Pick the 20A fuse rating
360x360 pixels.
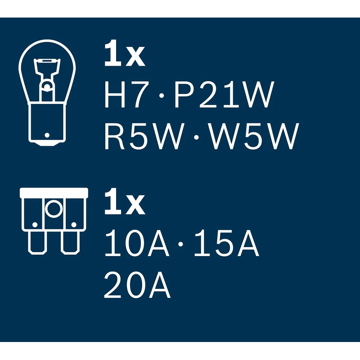point(137,287)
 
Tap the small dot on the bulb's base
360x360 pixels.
point(47,135)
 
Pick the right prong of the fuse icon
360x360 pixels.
point(70,243)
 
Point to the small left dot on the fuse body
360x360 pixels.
point(34,224)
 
